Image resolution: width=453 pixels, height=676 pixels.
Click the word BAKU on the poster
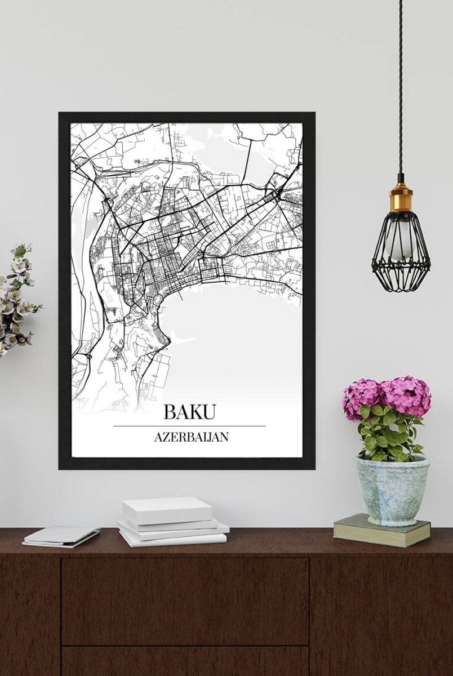pyautogui.click(x=189, y=412)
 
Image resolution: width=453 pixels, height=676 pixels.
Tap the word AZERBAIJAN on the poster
pyautogui.click(x=191, y=437)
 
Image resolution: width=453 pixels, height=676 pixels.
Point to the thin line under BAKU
pyautogui.click(x=189, y=426)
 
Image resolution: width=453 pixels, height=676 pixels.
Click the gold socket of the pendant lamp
pyautogui.click(x=401, y=198)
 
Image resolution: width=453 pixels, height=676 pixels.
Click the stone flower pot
pyautogui.click(x=392, y=491)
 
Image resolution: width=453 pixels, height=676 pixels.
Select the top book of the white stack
pyautogui.click(x=167, y=510)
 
